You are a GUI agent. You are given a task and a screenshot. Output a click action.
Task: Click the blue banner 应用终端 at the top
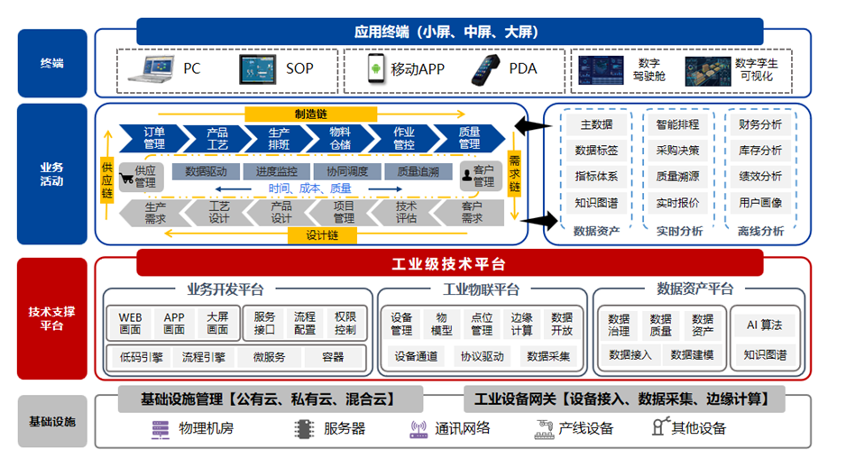(x=448, y=32)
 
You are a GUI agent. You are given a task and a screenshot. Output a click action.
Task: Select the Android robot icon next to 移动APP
(x=377, y=69)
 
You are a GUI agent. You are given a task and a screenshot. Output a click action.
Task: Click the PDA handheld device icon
(x=484, y=69)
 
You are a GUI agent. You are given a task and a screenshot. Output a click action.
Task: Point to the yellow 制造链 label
(x=310, y=114)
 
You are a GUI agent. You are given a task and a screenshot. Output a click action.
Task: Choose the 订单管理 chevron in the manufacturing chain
(x=154, y=138)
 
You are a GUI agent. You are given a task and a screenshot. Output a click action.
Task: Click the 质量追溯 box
(x=418, y=171)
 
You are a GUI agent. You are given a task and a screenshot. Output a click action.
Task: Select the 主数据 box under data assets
(x=596, y=124)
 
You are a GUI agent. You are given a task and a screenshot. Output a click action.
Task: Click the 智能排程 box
(x=677, y=124)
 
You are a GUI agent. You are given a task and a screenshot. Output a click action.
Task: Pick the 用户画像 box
(x=760, y=203)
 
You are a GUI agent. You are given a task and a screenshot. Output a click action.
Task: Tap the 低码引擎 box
(x=141, y=357)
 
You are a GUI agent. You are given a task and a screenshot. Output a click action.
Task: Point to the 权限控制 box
(x=345, y=324)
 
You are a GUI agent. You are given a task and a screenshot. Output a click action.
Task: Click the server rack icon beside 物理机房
(x=161, y=429)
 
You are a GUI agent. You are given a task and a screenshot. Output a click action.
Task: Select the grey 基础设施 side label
(x=52, y=421)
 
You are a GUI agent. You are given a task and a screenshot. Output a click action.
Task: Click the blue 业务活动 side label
(x=52, y=174)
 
